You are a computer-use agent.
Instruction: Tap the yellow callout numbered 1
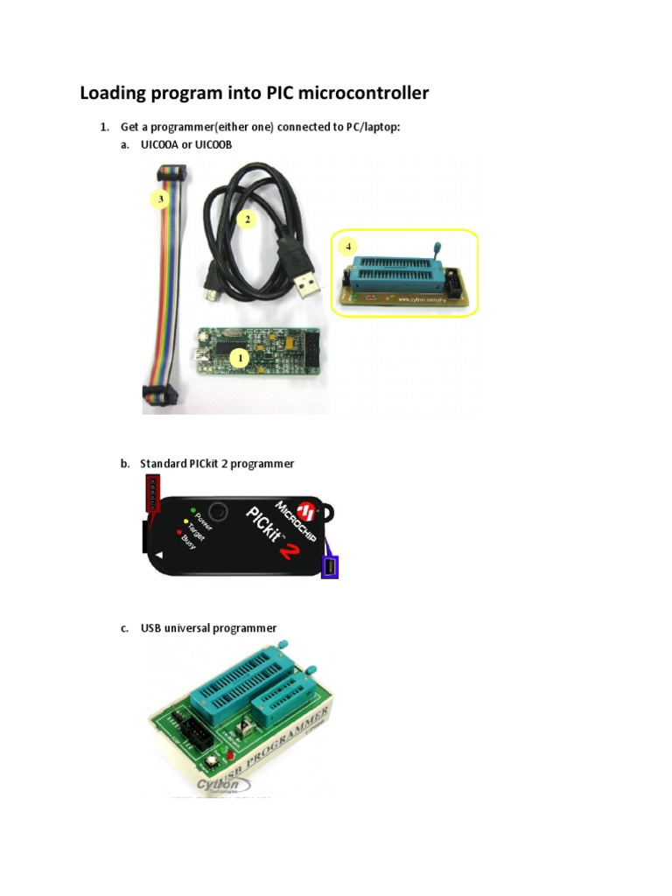coord(240,357)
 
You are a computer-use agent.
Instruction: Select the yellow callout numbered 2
coord(248,220)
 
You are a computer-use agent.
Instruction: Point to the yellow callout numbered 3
coord(159,199)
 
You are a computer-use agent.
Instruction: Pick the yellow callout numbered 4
coord(350,247)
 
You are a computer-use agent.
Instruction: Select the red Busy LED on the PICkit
coord(178,531)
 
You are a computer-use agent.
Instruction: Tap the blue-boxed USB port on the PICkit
coord(331,568)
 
